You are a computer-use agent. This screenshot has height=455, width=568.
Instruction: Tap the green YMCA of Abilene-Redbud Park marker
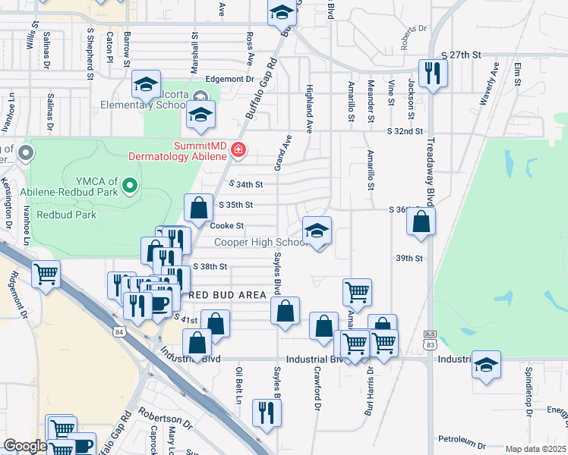130,184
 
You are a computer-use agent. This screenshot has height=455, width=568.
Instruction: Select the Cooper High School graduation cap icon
317,231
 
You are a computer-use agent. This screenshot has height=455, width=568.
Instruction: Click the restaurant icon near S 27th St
434,74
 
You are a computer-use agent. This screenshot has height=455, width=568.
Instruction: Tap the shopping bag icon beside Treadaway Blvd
421,221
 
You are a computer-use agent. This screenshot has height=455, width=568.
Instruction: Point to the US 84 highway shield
118,331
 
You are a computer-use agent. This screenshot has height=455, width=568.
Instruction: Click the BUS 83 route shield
431,343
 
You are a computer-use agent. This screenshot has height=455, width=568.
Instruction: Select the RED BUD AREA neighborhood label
228,294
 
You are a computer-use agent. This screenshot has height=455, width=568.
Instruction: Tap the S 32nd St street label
404,131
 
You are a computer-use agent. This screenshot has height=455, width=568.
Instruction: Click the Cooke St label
226,225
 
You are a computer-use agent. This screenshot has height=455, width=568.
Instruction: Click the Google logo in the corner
25,446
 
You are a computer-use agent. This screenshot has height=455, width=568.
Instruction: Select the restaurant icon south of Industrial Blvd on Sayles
267,412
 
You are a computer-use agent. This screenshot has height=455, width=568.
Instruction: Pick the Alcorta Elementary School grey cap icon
200,96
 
